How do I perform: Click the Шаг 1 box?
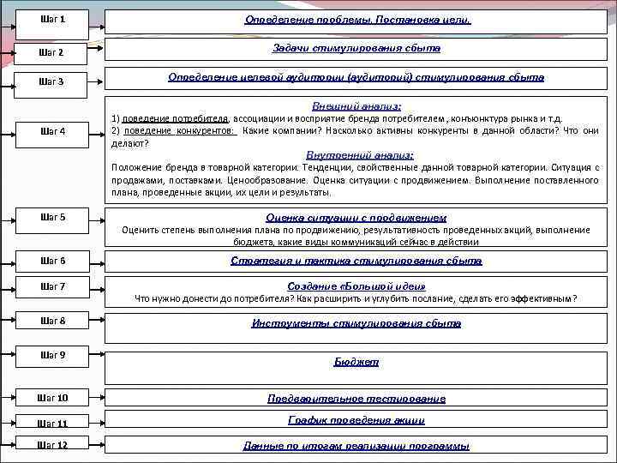52,19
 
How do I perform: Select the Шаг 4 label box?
52,131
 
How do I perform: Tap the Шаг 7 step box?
52,285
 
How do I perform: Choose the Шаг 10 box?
52,398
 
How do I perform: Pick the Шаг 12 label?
52,444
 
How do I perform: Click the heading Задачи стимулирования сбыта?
356,49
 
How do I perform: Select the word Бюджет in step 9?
356,363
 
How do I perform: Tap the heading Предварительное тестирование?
356,399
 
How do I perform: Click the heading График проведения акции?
356,421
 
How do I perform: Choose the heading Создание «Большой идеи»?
356,286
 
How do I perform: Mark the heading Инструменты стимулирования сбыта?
356,323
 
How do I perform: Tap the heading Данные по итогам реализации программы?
356,446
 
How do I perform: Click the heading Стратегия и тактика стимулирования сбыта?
356,261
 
